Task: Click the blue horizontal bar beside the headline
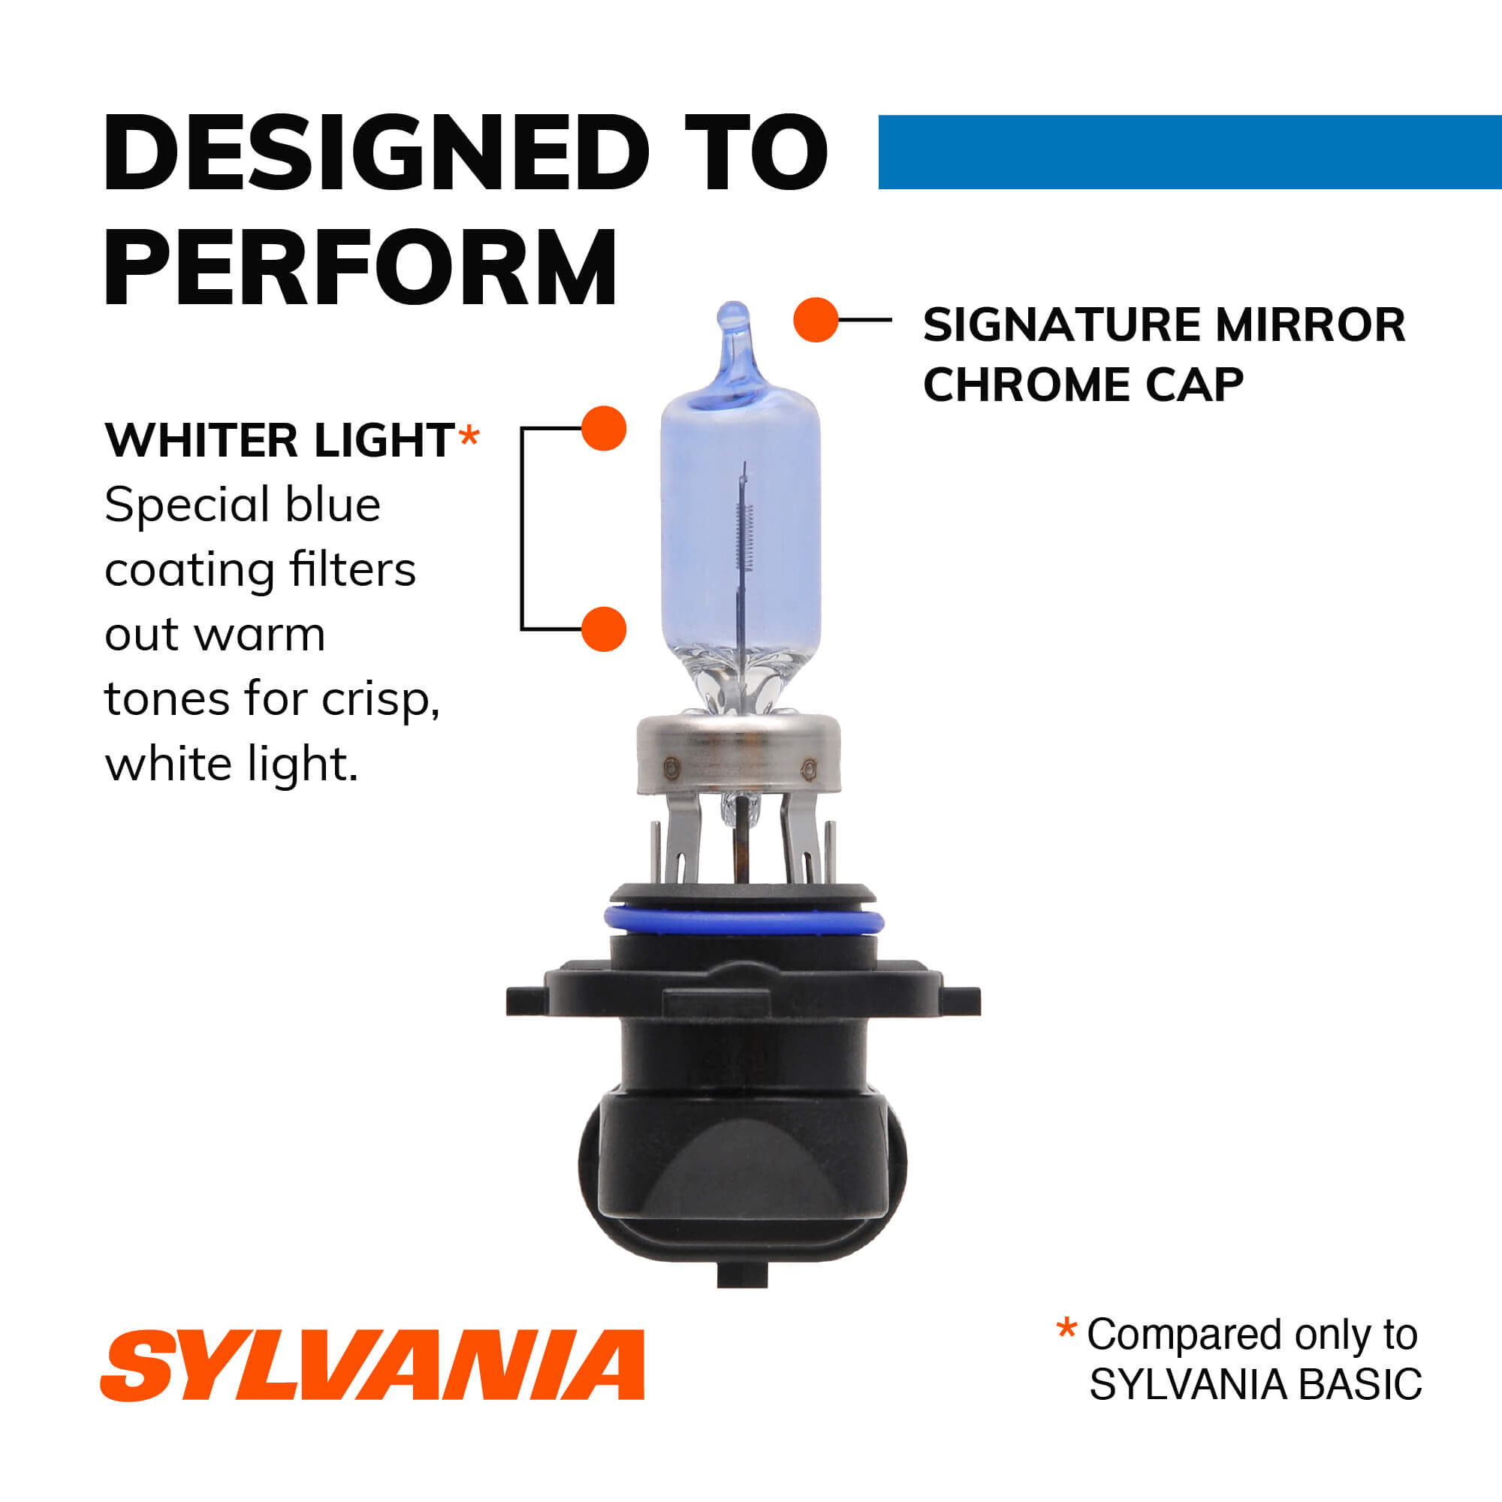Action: (x=1190, y=152)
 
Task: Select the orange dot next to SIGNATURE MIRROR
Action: (x=816, y=319)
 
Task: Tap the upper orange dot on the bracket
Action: (x=604, y=428)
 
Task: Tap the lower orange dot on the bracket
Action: (x=604, y=629)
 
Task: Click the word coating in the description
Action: (x=190, y=572)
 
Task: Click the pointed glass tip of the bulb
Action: (x=732, y=318)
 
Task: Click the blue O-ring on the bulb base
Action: (x=744, y=921)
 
